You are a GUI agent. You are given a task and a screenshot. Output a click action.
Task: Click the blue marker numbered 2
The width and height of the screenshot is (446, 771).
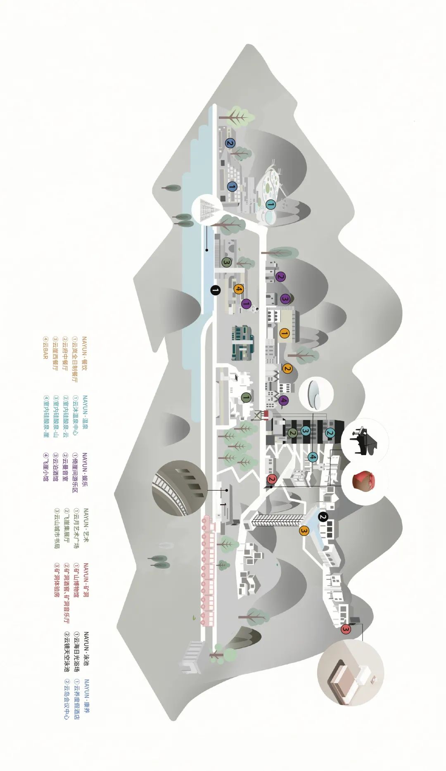point(230,143)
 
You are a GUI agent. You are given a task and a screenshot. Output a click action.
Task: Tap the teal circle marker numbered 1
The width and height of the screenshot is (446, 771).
point(270,204)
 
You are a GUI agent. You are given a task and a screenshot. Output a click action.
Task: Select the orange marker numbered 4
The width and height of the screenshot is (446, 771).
point(238,289)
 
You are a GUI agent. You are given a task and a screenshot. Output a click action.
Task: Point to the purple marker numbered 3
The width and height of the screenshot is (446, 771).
point(285,299)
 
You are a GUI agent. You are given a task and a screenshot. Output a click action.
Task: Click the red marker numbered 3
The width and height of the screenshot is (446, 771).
point(346,629)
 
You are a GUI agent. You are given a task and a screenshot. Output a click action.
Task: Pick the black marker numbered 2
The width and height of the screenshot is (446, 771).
point(323,517)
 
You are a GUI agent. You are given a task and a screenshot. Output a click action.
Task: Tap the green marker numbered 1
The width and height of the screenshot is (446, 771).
point(246,397)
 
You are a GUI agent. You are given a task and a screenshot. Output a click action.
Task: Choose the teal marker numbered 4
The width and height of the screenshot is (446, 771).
point(313,457)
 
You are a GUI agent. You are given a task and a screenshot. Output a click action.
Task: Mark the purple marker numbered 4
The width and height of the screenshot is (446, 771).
point(283,400)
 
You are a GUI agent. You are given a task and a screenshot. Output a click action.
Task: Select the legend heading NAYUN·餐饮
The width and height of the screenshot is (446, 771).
point(85,355)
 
